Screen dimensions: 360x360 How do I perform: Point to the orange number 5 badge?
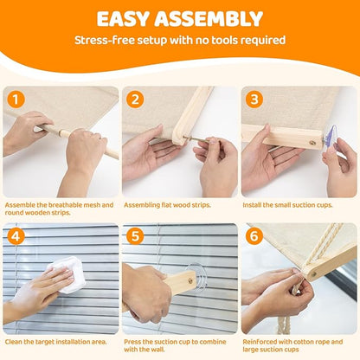[134, 235]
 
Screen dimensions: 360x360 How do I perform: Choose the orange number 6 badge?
[253, 235]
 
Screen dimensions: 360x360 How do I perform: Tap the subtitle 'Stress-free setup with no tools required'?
[180, 40]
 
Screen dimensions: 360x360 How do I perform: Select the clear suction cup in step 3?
[330, 137]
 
